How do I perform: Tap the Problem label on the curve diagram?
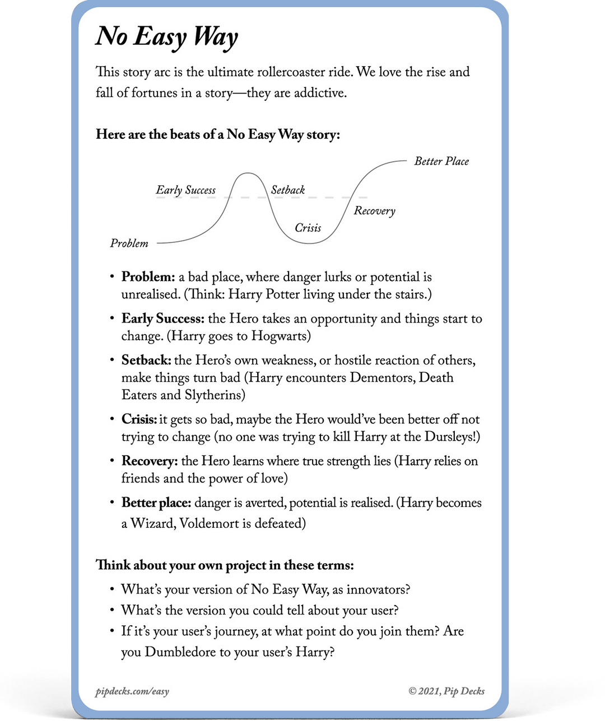(x=129, y=244)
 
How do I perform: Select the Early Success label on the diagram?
(x=185, y=190)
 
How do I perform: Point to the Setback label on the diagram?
(x=288, y=190)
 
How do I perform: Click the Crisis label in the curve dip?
(x=308, y=228)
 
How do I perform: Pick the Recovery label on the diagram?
(x=374, y=211)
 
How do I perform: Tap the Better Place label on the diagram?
(x=441, y=161)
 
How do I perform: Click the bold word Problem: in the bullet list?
(x=148, y=277)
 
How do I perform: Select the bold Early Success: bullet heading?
(x=163, y=319)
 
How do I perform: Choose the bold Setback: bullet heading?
(x=147, y=360)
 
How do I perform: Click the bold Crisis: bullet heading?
(x=139, y=419)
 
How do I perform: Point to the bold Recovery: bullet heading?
(x=150, y=461)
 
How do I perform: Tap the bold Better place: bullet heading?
(x=156, y=503)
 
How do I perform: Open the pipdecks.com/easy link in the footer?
(x=132, y=691)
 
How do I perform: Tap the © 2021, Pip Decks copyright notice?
(x=446, y=691)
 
